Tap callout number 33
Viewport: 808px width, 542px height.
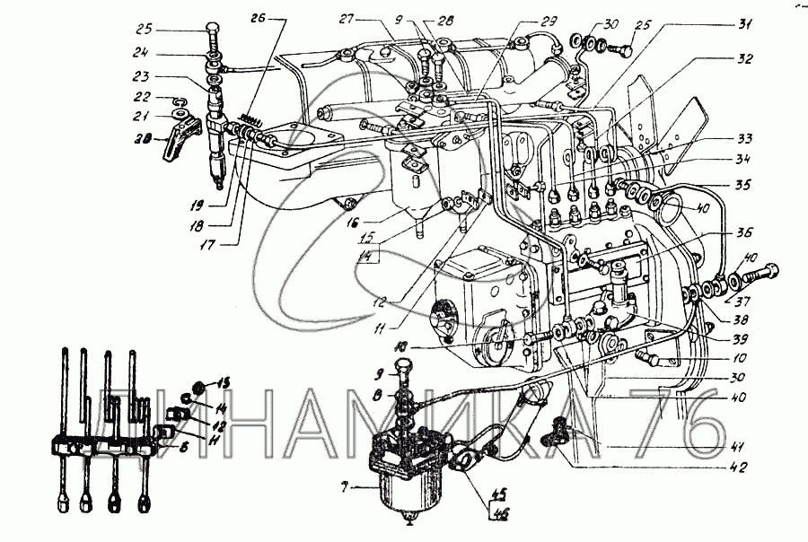743,139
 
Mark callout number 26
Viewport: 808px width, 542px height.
259,17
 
